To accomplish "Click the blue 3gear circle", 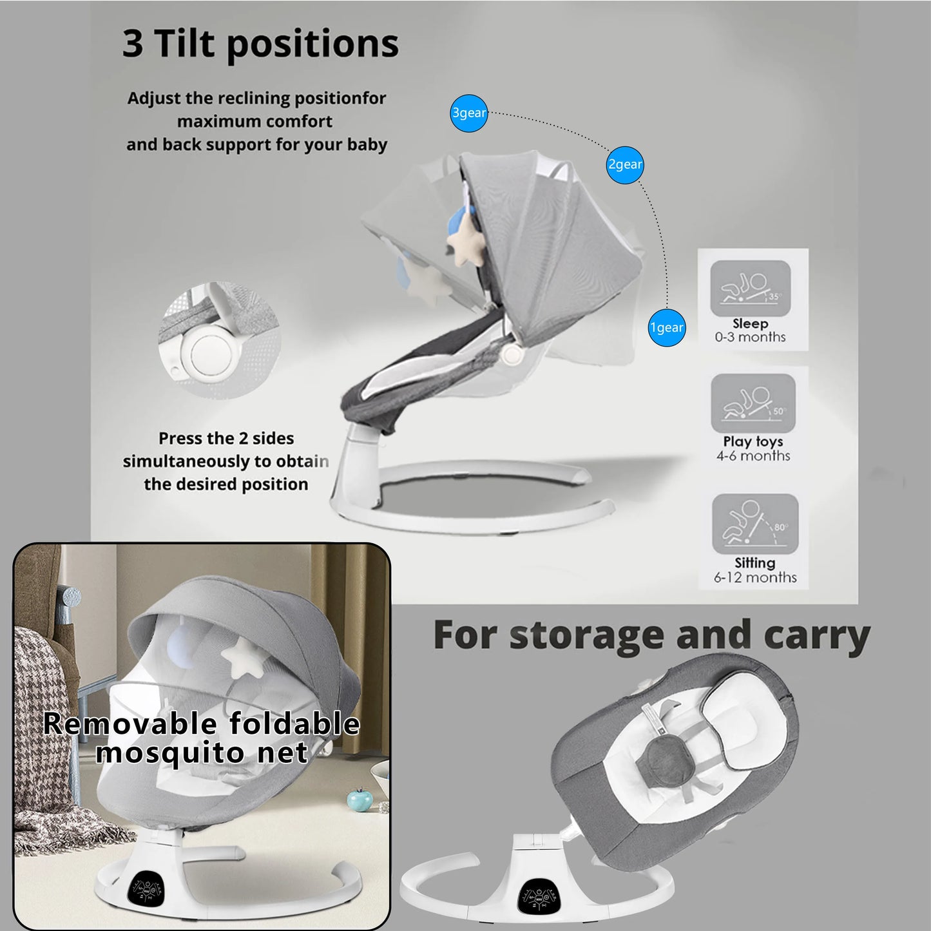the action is [468, 113].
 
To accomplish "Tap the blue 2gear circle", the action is [625, 165].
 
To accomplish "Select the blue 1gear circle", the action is [667, 327].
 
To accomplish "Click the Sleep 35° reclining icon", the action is [751, 289].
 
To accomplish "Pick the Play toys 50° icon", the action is [753, 403].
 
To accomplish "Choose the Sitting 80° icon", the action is [754, 524].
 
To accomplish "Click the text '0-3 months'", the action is [751, 337].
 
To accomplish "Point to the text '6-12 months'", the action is [755, 577].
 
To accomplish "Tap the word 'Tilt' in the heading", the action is [184, 43].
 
